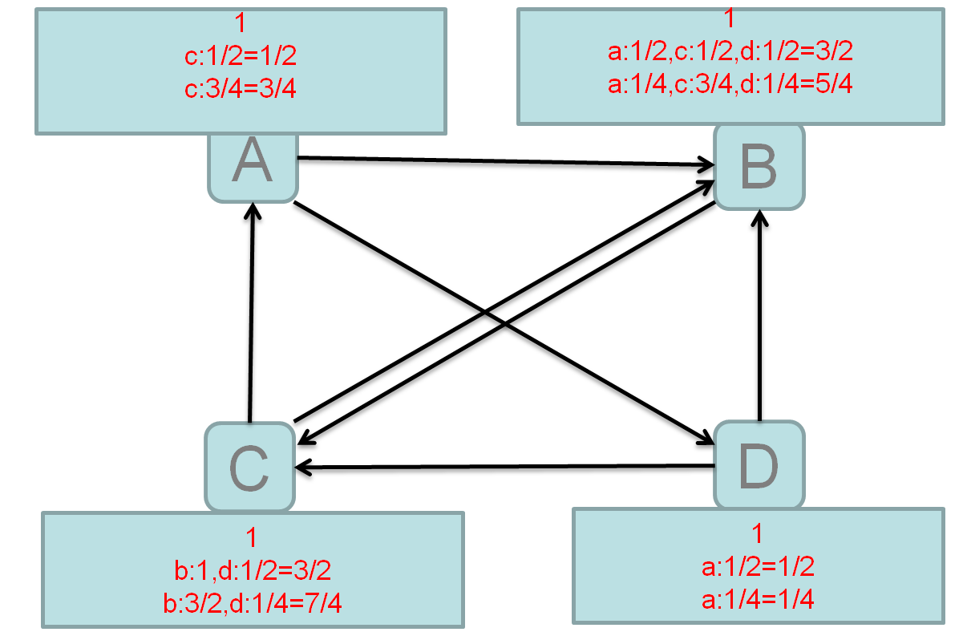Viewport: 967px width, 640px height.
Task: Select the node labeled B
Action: click(x=759, y=168)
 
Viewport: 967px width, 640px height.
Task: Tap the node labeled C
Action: click(x=249, y=467)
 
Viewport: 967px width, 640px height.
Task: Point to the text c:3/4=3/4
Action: click(x=241, y=87)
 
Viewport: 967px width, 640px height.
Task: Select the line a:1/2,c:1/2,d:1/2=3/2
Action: click(x=730, y=53)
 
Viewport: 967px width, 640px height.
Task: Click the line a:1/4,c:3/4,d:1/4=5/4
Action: click(x=730, y=84)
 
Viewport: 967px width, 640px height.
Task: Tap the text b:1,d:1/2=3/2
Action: click(x=252, y=569)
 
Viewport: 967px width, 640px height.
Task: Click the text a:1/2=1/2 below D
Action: click(x=758, y=566)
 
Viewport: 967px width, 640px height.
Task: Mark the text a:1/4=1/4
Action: click(x=758, y=598)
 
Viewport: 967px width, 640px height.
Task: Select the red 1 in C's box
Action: click(x=251, y=538)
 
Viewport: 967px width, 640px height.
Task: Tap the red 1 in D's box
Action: click(x=758, y=534)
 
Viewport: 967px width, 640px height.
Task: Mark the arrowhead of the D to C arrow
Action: click(x=303, y=468)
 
